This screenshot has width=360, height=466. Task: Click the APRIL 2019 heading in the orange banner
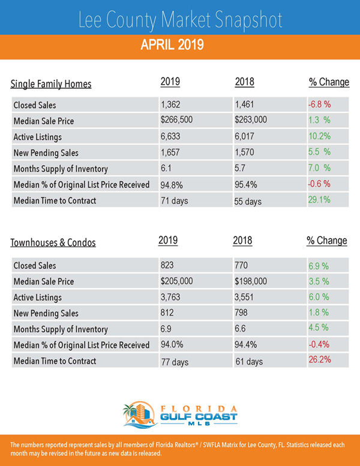coord(172,45)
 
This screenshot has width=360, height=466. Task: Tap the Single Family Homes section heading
coord(51,84)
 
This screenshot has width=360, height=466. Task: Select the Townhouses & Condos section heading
coord(53,243)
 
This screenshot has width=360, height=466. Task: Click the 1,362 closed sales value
coord(170,104)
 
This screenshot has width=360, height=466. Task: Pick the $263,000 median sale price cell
coord(251,120)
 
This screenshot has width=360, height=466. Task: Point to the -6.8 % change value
coord(319,104)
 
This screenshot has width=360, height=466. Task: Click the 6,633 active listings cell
coord(170,136)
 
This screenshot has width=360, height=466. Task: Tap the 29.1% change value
coord(319,199)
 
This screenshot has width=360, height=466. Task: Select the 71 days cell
coord(175,201)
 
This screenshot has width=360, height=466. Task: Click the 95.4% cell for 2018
coord(245,185)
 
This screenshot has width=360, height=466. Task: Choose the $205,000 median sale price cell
coord(177,281)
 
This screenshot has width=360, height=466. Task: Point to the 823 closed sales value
coord(167,265)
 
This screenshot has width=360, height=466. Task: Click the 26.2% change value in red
coord(320,359)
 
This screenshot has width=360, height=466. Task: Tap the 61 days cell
coord(249,362)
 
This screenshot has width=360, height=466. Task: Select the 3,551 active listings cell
coord(244,297)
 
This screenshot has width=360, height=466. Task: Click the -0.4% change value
coord(319,345)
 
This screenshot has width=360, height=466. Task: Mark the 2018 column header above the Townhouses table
coord(242,240)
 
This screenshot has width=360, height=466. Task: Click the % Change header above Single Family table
coord(329,82)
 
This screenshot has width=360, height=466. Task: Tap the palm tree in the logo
coord(130,410)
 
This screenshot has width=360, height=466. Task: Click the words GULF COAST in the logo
coord(199,417)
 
